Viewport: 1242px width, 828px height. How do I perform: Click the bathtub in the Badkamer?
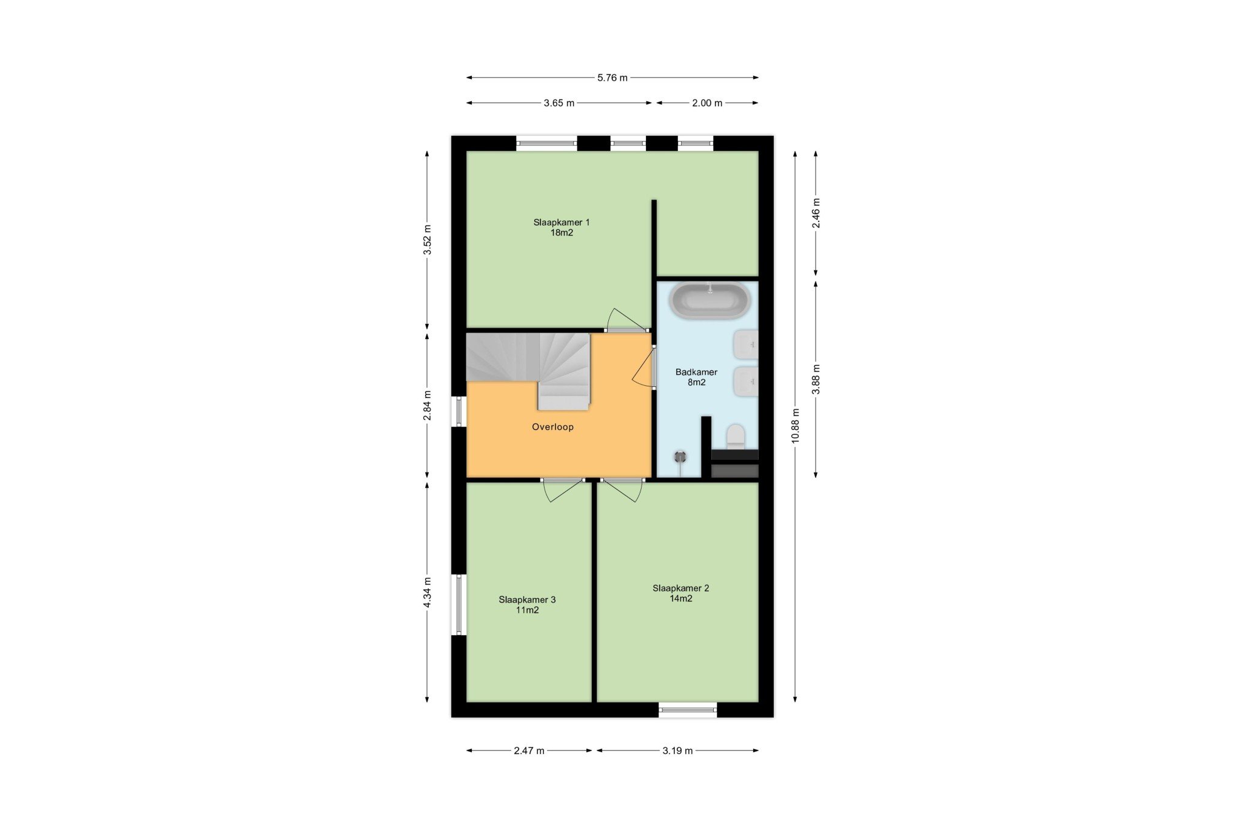click(710, 301)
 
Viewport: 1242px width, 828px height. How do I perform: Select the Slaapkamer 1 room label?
click(562, 227)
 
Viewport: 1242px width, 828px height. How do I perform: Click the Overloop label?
click(552, 427)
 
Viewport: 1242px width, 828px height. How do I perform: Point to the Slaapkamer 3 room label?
click(527, 605)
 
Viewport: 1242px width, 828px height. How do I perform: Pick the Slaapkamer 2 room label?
click(680, 593)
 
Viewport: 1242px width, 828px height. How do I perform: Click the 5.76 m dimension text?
click(613, 78)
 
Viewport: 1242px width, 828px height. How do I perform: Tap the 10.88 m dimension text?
click(796, 426)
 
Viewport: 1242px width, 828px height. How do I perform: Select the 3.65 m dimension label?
click(559, 103)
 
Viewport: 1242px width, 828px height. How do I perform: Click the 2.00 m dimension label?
click(707, 103)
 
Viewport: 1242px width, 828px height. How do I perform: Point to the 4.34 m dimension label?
click(428, 593)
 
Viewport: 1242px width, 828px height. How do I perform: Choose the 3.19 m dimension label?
click(677, 751)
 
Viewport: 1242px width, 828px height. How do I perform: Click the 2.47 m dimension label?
click(529, 751)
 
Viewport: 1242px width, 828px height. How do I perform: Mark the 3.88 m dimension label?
click(816, 379)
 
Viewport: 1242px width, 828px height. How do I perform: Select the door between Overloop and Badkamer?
click(644, 366)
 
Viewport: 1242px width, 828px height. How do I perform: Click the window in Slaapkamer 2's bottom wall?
click(688, 710)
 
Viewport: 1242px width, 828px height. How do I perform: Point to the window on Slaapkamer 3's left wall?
click(459, 605)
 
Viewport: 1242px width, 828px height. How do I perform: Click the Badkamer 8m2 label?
click(696, 377)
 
